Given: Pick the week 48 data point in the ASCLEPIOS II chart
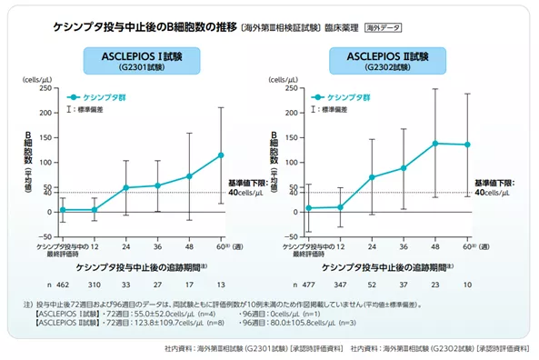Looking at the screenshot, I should (x=434, y=144).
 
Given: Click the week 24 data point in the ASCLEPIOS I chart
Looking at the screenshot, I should (x=126, y=187).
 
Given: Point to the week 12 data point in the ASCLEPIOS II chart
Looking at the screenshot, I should (x=340, y=207).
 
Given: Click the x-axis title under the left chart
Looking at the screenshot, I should (x=141, y=267).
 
